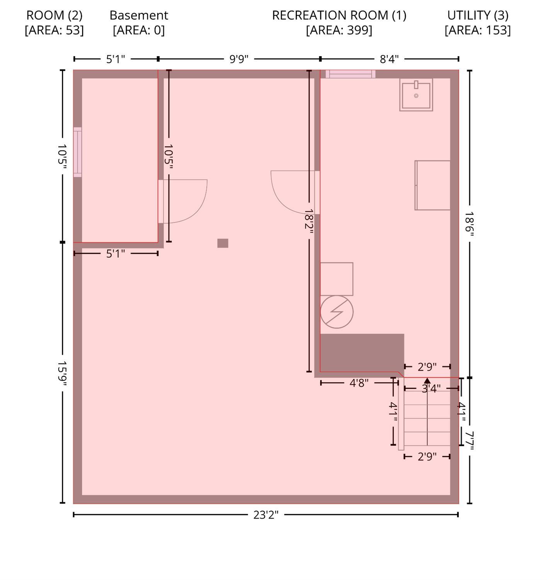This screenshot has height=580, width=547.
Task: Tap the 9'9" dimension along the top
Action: point(239,59)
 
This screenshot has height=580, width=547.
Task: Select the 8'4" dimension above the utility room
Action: point(389,59)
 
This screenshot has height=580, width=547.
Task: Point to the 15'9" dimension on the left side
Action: point(62,373)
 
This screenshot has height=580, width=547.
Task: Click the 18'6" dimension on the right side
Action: point(469,224)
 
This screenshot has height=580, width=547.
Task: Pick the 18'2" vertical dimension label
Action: point(309,221)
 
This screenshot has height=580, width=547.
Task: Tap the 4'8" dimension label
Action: point(359,383)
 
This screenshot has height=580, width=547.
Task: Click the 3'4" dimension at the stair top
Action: point(431,388)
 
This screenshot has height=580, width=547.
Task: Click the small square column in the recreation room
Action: point(223,243)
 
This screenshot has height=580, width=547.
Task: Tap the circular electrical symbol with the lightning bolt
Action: point(337,311)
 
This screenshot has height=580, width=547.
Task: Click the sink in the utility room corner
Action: point(416,95)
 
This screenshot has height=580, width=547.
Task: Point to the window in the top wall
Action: point(351,74)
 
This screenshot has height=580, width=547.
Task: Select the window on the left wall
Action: point(77,152)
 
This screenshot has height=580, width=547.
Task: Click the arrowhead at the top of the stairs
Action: point(427,380)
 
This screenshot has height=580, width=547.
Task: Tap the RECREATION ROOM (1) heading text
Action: point(339,15)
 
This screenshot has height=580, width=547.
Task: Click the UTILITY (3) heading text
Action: point(478,15)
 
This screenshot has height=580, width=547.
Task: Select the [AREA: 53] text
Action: point(54,30)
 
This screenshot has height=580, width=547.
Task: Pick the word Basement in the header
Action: point(139,15)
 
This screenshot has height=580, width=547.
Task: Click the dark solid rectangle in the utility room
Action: point(362,353)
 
